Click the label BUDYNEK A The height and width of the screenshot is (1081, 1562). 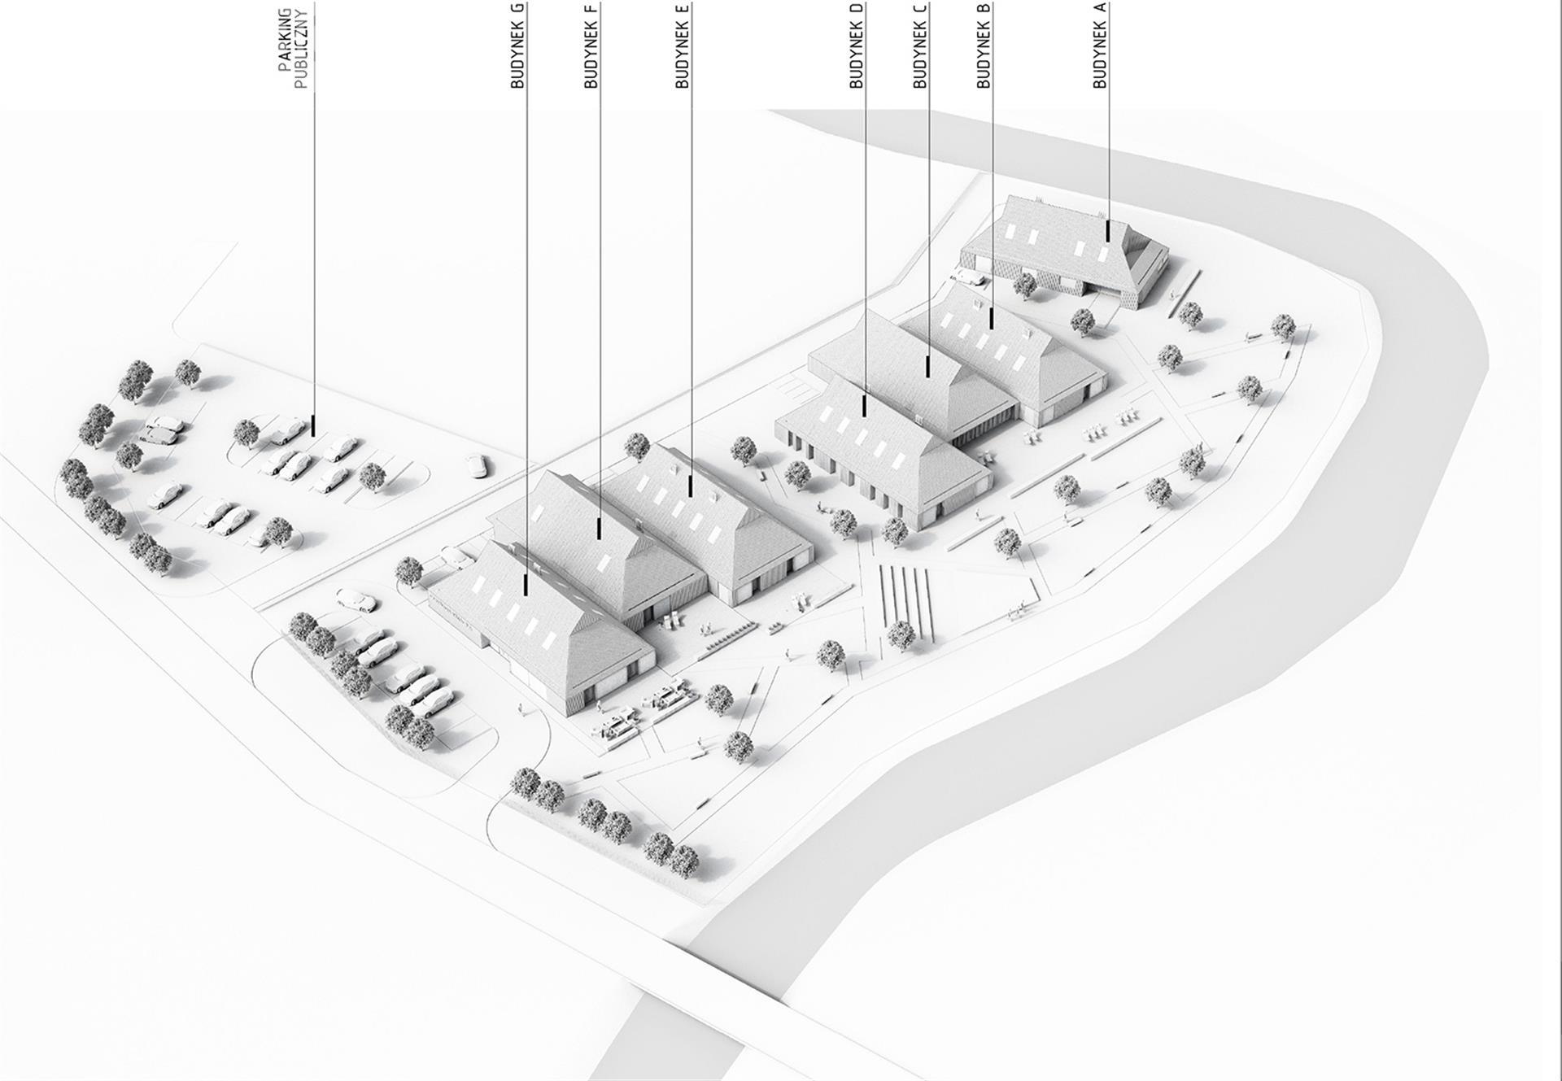tap(1099, 46)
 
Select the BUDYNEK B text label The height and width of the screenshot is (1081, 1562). tap(984, 46)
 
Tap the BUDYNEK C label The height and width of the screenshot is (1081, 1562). tap(920, 46)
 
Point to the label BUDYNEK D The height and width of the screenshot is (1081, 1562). tap(856, 46)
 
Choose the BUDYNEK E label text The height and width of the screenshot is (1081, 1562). tap(683, 46)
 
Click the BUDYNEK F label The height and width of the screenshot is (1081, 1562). tap(591, 46)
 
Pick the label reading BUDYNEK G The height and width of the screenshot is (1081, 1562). tap(518, 46)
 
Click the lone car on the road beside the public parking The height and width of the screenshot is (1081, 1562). tap(476, 465)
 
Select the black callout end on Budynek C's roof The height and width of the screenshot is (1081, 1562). tap(928, 367)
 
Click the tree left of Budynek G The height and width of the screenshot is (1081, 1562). tap(409, 571)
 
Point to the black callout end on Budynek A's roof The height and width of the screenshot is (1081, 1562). tap(1107, 230)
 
